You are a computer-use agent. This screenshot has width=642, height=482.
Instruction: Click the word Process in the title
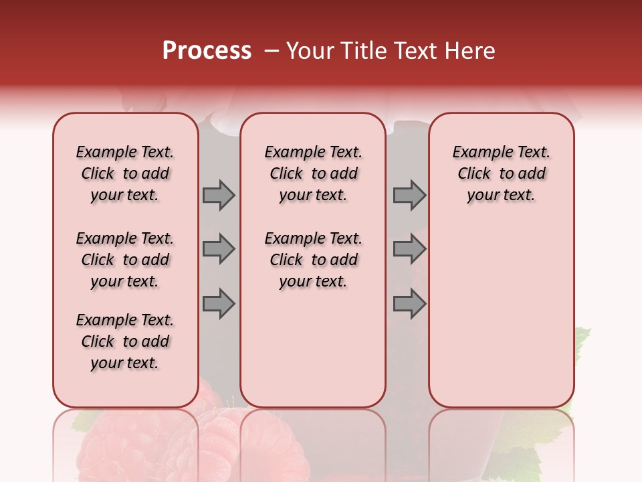coord(207,51)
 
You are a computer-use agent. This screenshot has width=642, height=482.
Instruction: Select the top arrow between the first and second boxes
coord(219,195)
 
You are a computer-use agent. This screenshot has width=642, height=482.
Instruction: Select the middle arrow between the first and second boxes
coord(219,249)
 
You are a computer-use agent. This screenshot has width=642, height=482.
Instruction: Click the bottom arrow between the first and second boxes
coord(219,304)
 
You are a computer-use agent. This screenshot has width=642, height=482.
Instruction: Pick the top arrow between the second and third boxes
coord(409,195)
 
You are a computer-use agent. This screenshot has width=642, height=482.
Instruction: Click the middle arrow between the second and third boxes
coord(409,249)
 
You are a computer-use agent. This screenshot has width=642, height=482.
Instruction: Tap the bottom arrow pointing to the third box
coord(409,304)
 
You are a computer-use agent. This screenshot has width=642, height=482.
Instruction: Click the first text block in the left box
coord(125,173)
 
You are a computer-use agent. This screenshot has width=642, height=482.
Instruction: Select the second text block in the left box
coord(125,260)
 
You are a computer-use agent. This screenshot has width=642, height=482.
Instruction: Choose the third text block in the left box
coord(125,341)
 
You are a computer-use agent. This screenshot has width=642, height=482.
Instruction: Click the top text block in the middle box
coord(313,173)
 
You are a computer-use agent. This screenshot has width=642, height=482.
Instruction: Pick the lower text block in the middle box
coord(313,260)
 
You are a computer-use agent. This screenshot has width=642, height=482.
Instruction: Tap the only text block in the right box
coord(501,173)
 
